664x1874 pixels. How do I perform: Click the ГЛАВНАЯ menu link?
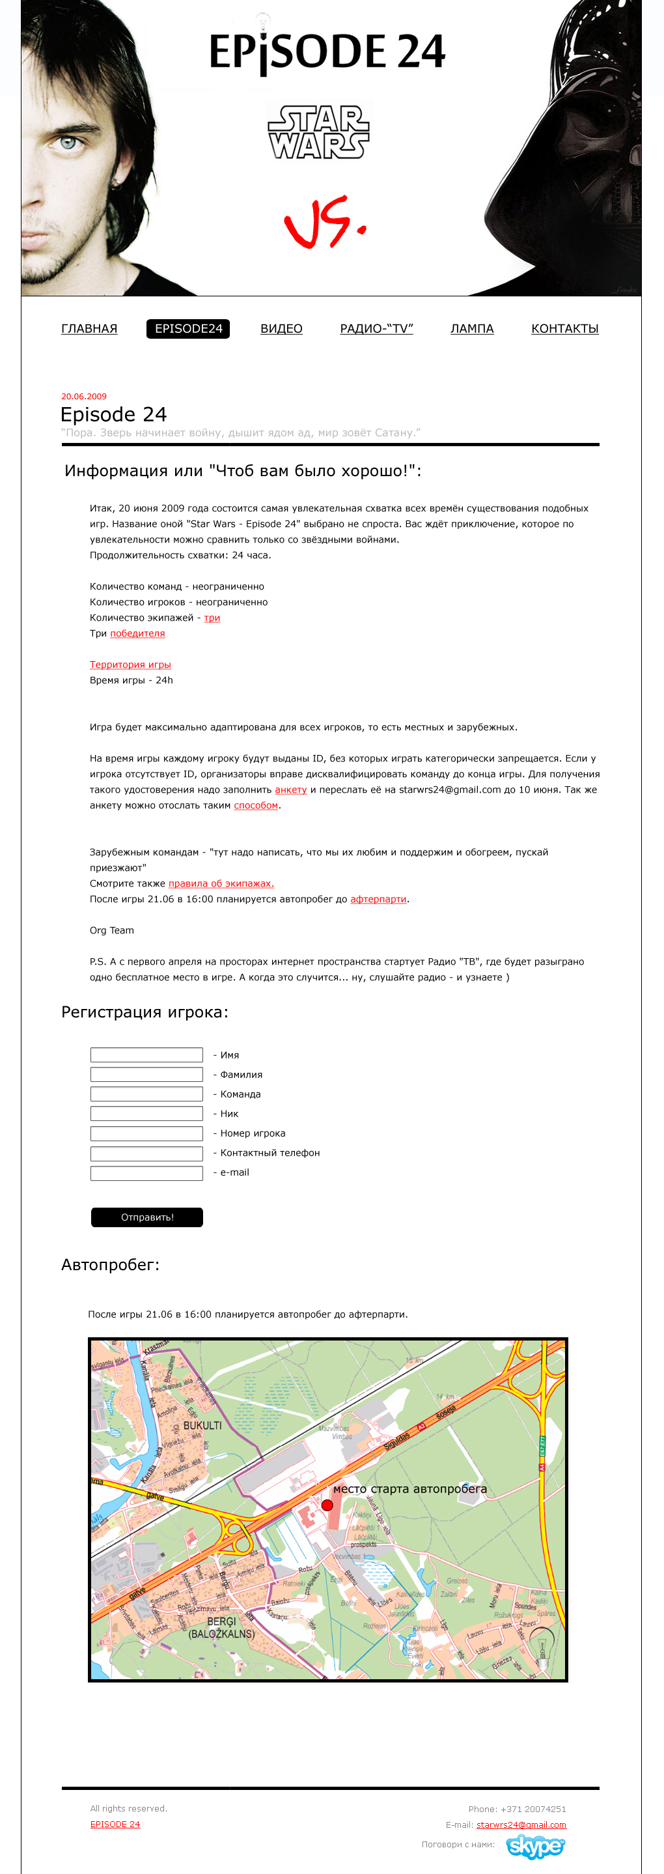pos(89,329)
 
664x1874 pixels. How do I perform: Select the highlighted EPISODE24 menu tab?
pos(188,329)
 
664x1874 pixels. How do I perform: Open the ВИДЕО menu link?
pos(281,329)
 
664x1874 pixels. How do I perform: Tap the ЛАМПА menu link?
pos(472,329)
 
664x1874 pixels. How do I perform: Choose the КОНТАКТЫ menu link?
pos(565,329)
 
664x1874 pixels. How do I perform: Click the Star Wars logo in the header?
pos(319,132)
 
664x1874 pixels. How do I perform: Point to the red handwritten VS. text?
pos(324,222)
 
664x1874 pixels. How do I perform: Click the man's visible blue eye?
pos(69,143)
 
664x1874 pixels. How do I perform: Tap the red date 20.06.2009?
pos(83,397)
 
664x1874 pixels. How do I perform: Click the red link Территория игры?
pos(130,665)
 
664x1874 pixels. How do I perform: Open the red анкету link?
pos(291,790)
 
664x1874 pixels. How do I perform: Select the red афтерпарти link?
pos(378,899)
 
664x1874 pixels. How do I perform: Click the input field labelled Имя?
pos(146,1055)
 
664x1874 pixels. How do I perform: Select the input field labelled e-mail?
pos(146,1172)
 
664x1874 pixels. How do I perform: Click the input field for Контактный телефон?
pos(146,1153)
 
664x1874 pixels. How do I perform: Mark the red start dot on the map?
pos(327,1505)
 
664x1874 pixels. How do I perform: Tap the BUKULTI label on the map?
pos(202,1425)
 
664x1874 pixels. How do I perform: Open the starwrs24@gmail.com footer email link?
pos(521,1824)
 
